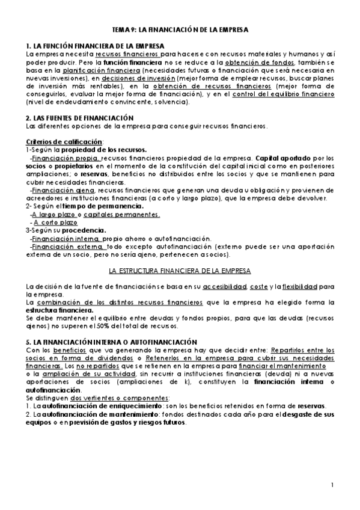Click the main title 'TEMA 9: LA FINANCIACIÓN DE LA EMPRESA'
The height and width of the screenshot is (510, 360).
click(x=180, y=29)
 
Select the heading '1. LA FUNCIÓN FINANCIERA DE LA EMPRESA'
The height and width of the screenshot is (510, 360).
click(x=96, y=46)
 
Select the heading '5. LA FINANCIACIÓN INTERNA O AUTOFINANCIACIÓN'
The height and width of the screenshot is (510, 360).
click(x=109, y=342)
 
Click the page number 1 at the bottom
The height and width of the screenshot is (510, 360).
click(x=332, y=485)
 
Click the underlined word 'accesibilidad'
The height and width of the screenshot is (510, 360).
click(x=226, y=286)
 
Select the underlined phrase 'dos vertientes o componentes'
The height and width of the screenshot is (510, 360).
click(x=120, y=398)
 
